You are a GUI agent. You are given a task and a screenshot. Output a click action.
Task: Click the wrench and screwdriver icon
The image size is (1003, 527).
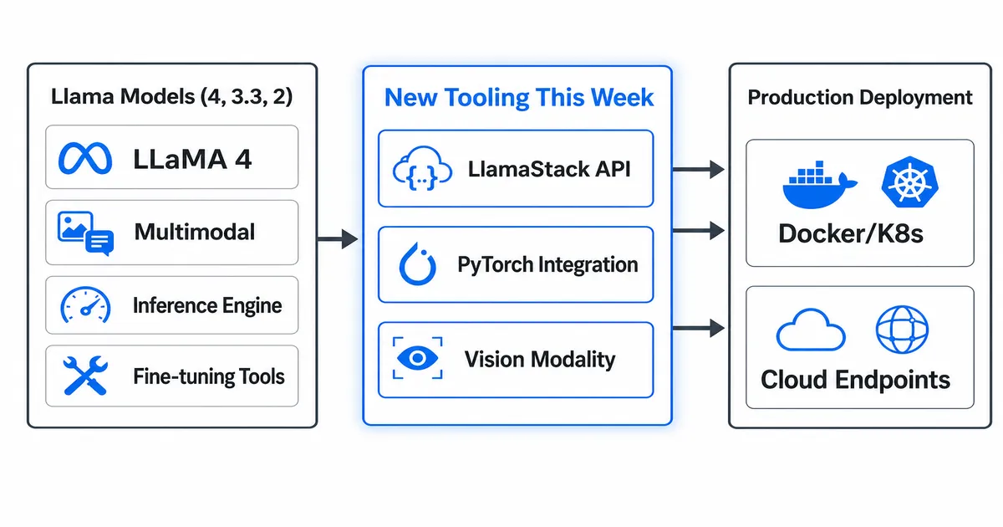pyautogui.click(x=85, y=376)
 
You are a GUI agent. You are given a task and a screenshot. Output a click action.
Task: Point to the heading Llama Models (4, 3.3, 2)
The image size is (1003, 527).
pyautogui.click(x=171, y=96)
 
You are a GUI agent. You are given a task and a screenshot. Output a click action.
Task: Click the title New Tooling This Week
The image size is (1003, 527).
pyautogui.click(x=518, y=98)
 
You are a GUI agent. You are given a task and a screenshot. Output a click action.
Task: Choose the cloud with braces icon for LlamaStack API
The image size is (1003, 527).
pyautogui.click(x=415, y=170)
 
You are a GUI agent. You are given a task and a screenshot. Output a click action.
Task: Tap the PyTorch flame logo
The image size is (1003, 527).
pyautogui.click(x=415, y=265)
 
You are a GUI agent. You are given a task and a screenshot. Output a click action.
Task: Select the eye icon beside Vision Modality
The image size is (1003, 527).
pyautogui.click(x=415, y=359)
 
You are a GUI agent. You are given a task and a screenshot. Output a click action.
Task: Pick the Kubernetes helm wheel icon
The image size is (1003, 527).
pyautogui.click(x=905, y=183)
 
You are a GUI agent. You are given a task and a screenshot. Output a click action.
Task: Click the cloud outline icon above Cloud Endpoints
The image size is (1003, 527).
pyautogui.click(x=810, y=330)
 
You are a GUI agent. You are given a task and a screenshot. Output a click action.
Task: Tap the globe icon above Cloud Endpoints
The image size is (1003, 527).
pyautogui.click(x=902, y=329)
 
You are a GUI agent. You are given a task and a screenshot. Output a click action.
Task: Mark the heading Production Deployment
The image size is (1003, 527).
pyautogui.click(x=859, y=98)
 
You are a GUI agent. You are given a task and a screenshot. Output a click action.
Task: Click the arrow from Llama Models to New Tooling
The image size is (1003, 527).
pyautogui.click(x=339, y=240)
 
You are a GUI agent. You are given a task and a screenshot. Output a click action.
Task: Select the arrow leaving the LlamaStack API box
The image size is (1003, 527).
pyautogui.click(x=698, y=170)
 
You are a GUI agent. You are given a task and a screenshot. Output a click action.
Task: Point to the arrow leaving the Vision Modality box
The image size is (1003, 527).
pyautogui.click(x=698, y=328)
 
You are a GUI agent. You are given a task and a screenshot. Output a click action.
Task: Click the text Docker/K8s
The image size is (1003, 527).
pyautogui.click(x=850, y=233)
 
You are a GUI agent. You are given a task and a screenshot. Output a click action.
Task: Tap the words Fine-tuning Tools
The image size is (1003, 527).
pyautogui.click(x=208, y=376)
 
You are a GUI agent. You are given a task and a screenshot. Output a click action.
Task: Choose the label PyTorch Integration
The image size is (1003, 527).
pyautogui.click(x=547, y=265)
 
